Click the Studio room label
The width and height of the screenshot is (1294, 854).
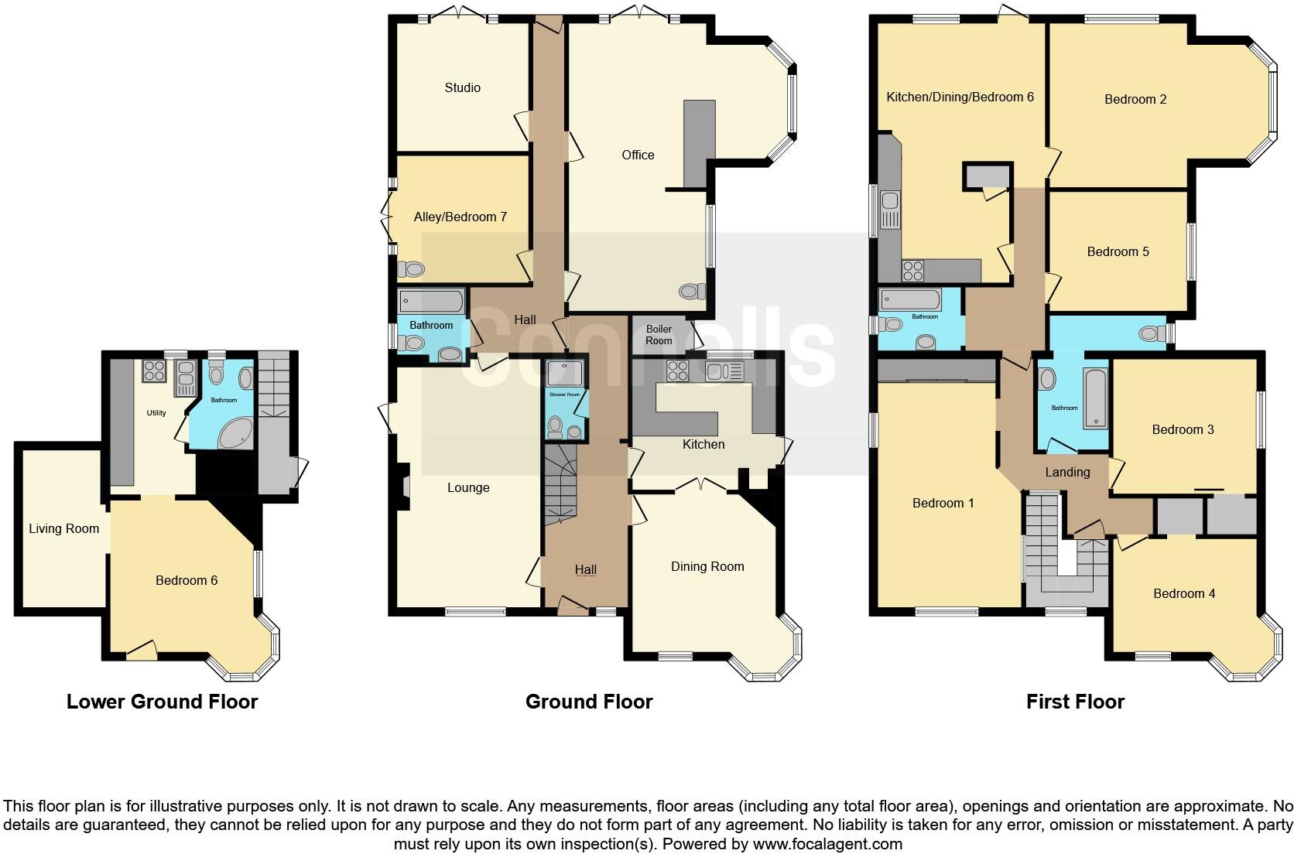tap(462, 87)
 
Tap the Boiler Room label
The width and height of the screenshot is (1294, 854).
tap(659, 335)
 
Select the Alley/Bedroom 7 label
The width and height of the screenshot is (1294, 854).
tap(460, 217)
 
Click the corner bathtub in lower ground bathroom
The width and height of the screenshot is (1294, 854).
tap(235, 435)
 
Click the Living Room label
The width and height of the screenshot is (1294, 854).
tap(63, 529)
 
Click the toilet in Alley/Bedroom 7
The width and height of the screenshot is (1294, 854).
tap(411, 270)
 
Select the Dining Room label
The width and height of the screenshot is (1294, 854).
tap(707, 566)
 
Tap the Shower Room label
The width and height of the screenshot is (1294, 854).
tap(564, 395)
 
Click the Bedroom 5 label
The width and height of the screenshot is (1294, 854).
tap(1118, 251)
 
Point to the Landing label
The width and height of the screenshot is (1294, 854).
tap(1067, 472)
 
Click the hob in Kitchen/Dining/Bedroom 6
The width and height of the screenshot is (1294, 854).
tap(912, 271)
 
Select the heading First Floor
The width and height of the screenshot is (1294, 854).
tap(1074, 702)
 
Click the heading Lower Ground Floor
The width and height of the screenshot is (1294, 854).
tap(162, 702)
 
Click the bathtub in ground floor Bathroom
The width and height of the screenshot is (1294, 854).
tap(431, 301)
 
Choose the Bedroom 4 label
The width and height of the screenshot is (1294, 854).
tap(1183, 593)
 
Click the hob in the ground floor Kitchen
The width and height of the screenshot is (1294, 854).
tap(678, 371)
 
